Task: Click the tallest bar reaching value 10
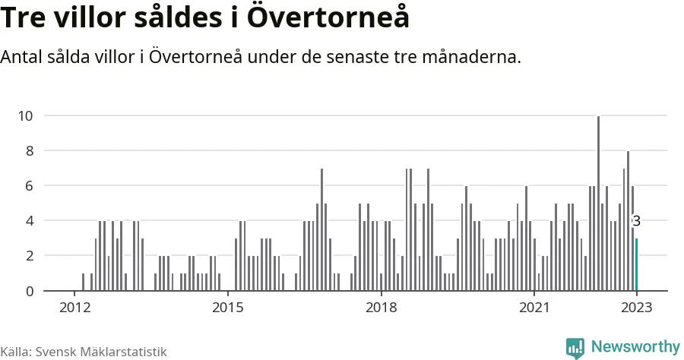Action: (x=598, y=203)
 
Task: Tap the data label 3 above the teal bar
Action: (x=637, y=222)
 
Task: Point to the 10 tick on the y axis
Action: (x=25, y=115)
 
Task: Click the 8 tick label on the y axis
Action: (x=29, y=150)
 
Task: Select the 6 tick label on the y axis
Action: (x=29, y=185)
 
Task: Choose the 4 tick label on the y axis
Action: (x=29, y=221)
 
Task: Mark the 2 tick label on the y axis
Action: (x=29, y=256)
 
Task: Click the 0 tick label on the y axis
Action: (x=29, y=291)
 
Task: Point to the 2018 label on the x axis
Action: (x=381, y=308)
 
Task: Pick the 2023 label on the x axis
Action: (x=636, y=308)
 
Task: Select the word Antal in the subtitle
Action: (x=22, y=57)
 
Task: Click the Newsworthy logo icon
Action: (x=575, y=348)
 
